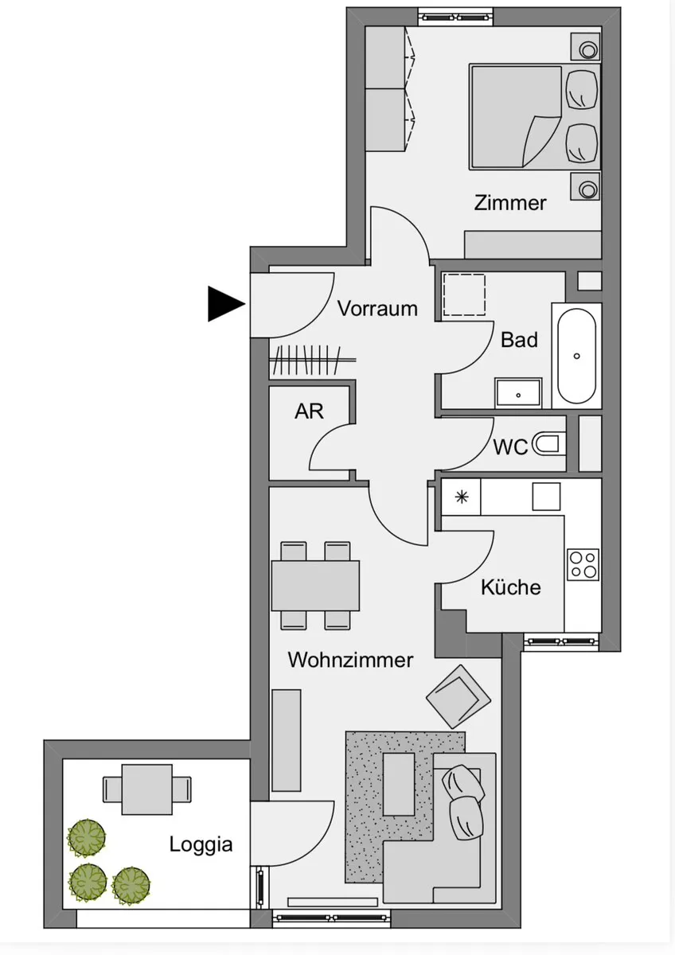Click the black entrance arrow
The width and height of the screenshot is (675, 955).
click(224, 303)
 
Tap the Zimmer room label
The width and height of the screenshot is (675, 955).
click(510, 203)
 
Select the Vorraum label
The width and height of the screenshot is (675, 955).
click(377, 308)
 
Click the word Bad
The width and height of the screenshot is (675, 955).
click(519, 340)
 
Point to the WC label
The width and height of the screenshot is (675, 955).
click(510, 446)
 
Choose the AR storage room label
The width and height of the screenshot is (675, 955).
click(309, 411)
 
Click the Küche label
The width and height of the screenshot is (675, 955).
click(511, 587)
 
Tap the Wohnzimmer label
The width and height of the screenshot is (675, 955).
click(350, 660)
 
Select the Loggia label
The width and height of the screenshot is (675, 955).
click(201, 845)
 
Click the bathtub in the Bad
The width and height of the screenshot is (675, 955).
click(576, 356)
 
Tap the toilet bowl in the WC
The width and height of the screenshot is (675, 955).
click(548, 444)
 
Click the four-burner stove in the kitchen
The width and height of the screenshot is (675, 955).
click(583, 564)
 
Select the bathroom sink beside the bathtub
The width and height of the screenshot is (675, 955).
click(518, 392)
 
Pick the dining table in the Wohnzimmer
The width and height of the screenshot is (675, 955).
click(315, 586)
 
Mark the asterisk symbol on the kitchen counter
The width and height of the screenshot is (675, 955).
click(462, 497)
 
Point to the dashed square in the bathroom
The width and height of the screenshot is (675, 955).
click(464, 295)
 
